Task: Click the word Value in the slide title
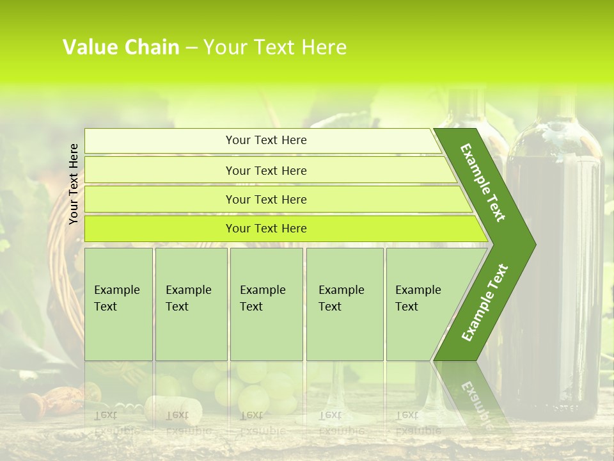point(90,47)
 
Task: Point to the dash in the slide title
point(191,48)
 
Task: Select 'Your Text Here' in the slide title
point(275,47)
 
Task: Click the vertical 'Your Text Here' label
point(74,184)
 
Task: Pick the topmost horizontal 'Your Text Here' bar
point(265,140)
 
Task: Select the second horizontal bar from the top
point(265,170)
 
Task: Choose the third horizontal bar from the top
point(265,199)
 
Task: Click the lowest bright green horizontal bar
point(265,229)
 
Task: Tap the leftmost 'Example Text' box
point(118,304)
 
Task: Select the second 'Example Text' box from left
point(191,304)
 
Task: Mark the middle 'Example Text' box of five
point(266,304)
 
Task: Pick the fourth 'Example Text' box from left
point(345,304)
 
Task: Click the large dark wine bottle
point(554,269)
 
